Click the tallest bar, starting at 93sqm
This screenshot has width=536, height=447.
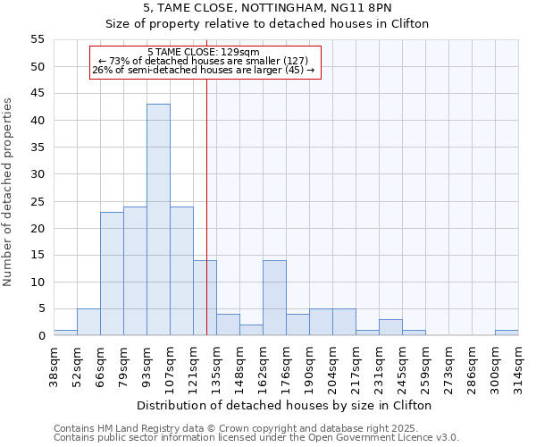click(158, 220)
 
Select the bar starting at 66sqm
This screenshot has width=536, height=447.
click(112, 274)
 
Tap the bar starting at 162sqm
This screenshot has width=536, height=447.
click(274, 298)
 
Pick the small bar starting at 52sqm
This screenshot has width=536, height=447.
click(88, 322)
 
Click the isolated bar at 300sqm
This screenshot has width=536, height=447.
click(507, 333)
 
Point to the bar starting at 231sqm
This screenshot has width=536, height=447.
click(390, 327)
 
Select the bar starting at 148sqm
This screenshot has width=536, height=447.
click(251, 330)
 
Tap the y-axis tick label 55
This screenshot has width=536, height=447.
click(38, 39)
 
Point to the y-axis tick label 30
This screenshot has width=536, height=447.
click(38, 174)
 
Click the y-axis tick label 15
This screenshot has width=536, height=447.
click(38, 255)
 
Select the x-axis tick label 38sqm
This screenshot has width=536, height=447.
click(54, 367)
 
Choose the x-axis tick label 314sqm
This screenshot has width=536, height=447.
click(519, 367)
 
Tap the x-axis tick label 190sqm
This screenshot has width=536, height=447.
click(310, 367)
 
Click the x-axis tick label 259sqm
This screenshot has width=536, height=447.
click(426, 367)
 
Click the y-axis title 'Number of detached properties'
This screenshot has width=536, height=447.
click(9, 192)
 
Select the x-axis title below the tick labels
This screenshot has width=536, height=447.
click(285, 405)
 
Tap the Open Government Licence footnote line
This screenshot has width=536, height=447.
click(255, 437)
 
